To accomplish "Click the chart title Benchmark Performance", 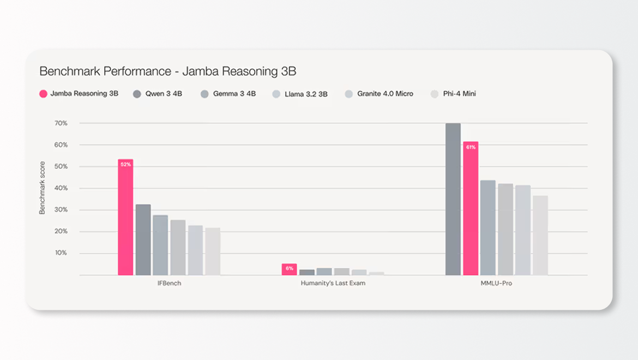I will [167, 71].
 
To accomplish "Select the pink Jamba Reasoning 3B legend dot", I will [43, 94].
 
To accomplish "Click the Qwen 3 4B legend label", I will [164, 94].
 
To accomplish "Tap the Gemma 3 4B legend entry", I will [234, 94].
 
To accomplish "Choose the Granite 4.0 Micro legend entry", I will [385, 94].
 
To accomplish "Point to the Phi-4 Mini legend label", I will [459, 94].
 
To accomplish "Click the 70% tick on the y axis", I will [61, 123].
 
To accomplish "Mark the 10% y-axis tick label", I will [61, 253].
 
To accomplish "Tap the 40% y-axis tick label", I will [61, 188].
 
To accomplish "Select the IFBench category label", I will [168, 284].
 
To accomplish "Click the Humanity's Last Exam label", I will [333, 284].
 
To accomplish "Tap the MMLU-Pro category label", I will [496, 284].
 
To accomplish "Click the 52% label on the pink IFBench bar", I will [125, 164].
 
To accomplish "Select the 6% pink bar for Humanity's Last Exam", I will [290, 269].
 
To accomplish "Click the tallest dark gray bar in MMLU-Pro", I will [453, 199].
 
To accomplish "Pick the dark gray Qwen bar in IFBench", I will [143, 240].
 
